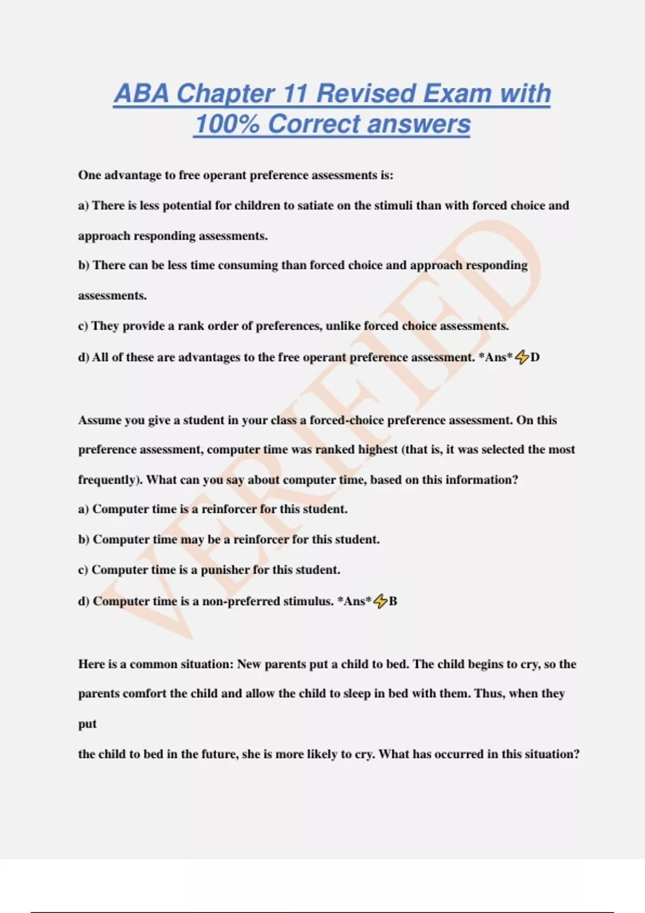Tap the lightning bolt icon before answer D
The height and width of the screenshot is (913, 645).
tap(522, 357)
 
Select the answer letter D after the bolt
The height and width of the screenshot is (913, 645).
tap(535, 357)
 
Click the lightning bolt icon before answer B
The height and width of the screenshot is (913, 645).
tap(380, 601)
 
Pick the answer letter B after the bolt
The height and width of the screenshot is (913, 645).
tap(393, 601)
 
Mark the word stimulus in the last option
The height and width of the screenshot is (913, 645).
tap(308, 601)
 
